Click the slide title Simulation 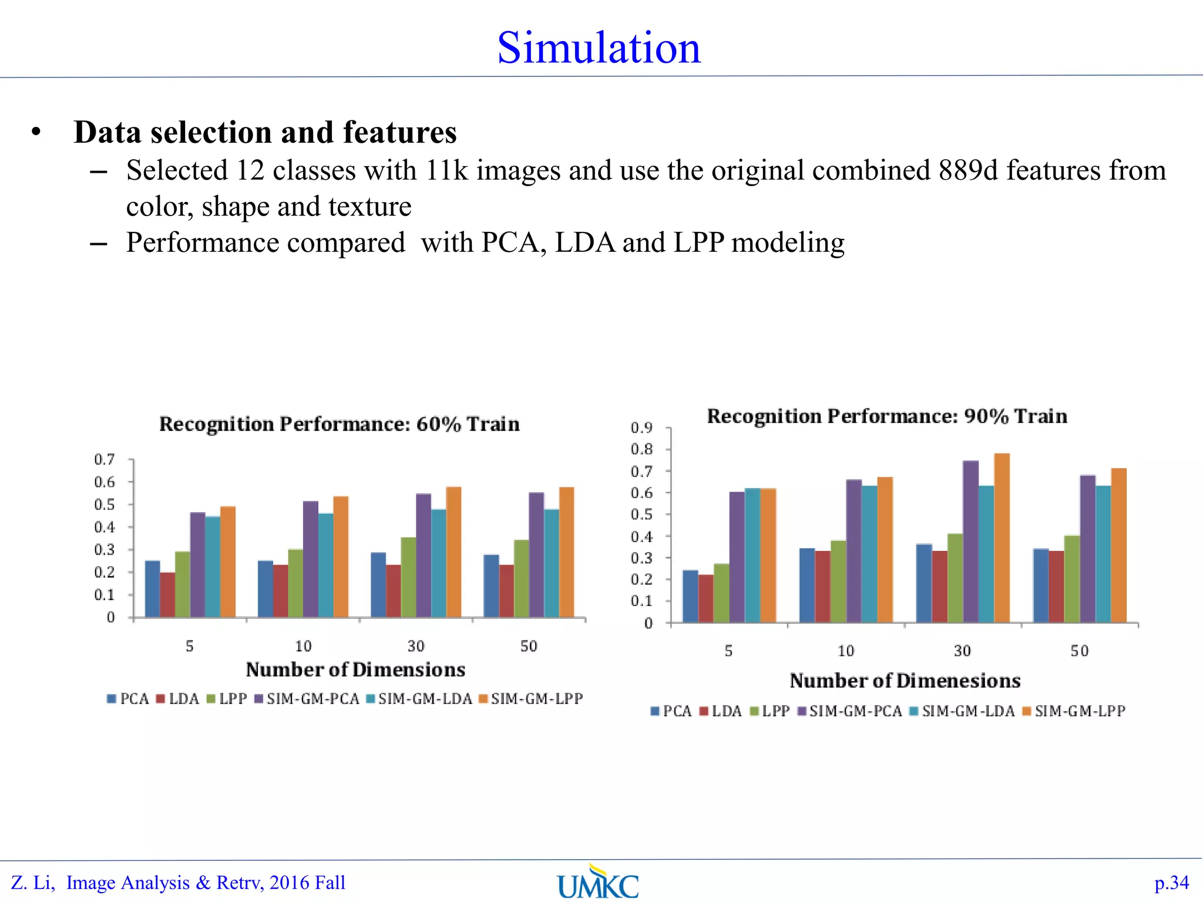(x=599, y=48)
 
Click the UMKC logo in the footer (x=598, y=881)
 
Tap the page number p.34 (x=1171, y=883)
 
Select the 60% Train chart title (x=340, y=424)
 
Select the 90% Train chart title (x=887, y=416)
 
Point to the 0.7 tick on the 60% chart (x=105, y=459)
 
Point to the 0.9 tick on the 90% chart (x=641, y=428)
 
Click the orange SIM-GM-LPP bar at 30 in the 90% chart (x=1002, y=537)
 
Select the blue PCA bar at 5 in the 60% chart (x=152, y=588)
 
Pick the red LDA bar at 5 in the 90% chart (x=705, y=598)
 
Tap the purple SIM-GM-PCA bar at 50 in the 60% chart (x=536, y=554)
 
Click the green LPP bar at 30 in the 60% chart (x=408, y=577)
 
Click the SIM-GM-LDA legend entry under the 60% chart (x=419, y=699)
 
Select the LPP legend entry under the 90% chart (x=771, y=711)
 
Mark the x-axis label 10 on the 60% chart (x=303, y=647)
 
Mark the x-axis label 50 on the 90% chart (x=1080, y=651)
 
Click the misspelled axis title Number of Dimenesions (x=905, y=681)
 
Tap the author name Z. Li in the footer (x=32, y=883)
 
